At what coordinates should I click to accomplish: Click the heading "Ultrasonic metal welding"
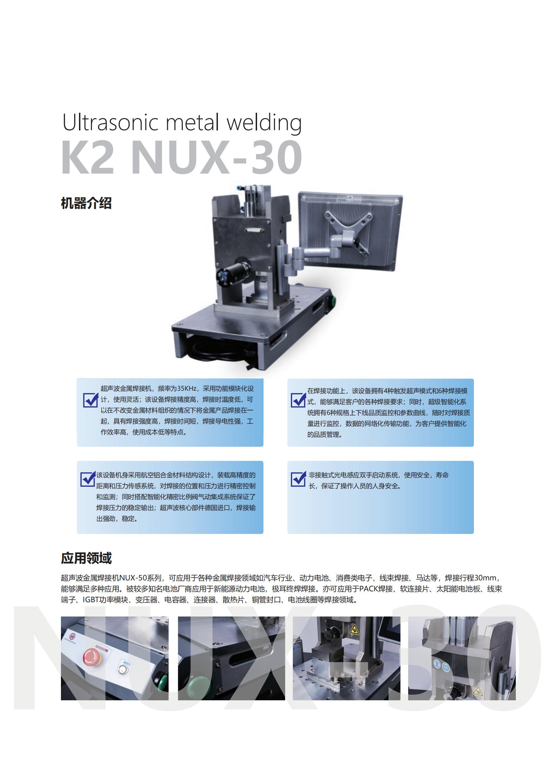pyautogui.click(x=182, y=123)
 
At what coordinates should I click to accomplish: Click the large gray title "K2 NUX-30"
pyautogui.click(x=182, y=157)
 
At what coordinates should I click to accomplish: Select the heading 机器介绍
pyautogui.click(x=86, y=203)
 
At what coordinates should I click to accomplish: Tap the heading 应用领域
pyautogui.click(x=86, y=558)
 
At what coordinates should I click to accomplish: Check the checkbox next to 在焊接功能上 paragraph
pyautogui.click(x=299, y=400)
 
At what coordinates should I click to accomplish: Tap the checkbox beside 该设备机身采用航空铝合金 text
pyautogui.click(x=88, y=479)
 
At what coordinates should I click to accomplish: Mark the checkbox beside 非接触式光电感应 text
pyautogui.click(x=299, y=479)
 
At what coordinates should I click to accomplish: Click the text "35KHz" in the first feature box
pyautogui.click(x=187, y=389)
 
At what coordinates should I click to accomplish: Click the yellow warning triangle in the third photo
pyautogui.click(x=353, y=629)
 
